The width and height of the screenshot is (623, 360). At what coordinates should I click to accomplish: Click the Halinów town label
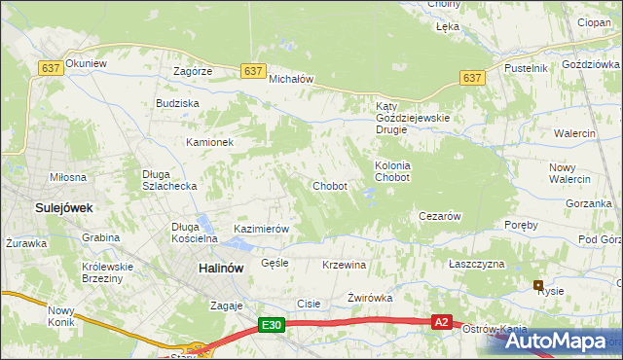(x=220, y=269)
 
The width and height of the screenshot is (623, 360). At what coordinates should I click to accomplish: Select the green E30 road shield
(x=273, y=326)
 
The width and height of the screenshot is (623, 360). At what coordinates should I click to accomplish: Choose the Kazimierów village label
(x=262, y=229)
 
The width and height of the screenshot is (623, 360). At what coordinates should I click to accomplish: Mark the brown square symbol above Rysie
(x=537, y=284)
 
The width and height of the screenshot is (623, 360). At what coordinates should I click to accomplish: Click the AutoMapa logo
(x=556, y=342)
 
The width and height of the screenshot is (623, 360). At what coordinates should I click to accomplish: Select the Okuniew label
(x=87, y=63)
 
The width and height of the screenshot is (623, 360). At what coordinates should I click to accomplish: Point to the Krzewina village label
(x=344, y=265)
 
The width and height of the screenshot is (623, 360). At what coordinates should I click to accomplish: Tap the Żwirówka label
(x=369, y=298)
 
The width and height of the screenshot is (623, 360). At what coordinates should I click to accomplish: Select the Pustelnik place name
(x=527, y=68)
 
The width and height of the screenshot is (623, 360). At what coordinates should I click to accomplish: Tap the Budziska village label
(x=177, y=102)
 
